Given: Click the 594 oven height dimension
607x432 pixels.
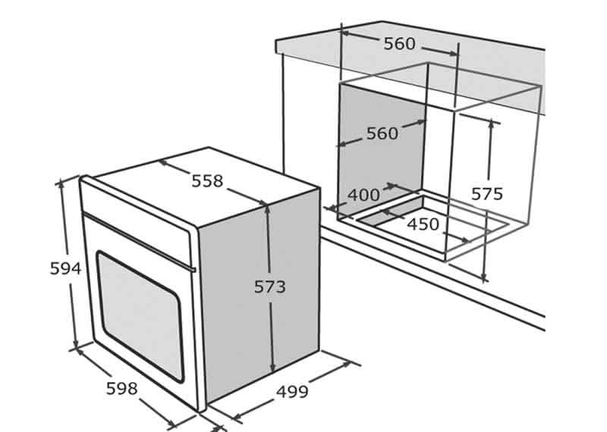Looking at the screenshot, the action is click(65, 268).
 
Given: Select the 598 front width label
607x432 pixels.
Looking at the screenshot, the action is click(122, 389).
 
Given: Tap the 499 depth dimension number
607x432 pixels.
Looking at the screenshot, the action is click(292, 392).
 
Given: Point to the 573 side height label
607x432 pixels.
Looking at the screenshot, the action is click(270, 287).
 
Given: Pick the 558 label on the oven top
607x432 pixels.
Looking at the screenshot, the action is click(207, 181).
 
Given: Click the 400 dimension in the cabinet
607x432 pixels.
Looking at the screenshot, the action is click(363, 195).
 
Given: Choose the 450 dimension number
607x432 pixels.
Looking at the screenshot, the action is click(423, 224).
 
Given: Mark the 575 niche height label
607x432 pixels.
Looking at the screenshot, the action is click(487, 194).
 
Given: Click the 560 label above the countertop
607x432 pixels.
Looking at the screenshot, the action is click(400, 44).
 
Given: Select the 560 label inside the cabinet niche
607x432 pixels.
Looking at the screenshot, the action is click(382, 133).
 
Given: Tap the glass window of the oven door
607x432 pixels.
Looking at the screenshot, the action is click(140, 316).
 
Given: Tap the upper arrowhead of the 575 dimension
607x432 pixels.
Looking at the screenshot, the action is click(492, 124).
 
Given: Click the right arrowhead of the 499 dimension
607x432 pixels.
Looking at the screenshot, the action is click(346, 365).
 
